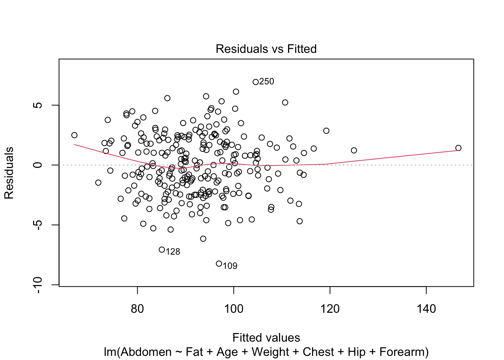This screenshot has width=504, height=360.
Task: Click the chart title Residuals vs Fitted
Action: point(266,49)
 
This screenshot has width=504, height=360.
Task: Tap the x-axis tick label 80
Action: point(137,309)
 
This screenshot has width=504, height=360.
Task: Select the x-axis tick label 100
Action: point(234,309)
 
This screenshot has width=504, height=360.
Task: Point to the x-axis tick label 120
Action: point(330,309)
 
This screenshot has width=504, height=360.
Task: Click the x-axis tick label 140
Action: point(426,309)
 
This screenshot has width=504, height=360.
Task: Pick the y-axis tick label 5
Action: point(38,105)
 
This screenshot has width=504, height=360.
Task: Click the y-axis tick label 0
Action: point(38,165)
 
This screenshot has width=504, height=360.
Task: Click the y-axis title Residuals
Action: point(9,173)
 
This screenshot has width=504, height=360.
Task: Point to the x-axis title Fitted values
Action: point(266,337)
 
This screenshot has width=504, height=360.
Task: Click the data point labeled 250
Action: point(255,82)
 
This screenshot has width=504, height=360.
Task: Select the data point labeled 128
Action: point(162,249)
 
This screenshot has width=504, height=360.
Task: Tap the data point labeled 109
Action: point(219,264)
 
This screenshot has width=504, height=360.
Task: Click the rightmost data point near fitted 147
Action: point(458,148)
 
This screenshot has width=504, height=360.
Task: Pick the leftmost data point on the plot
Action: point(74,135)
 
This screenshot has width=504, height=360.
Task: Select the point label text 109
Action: point(230,266)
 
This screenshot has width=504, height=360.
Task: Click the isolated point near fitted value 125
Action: point(354,150)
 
